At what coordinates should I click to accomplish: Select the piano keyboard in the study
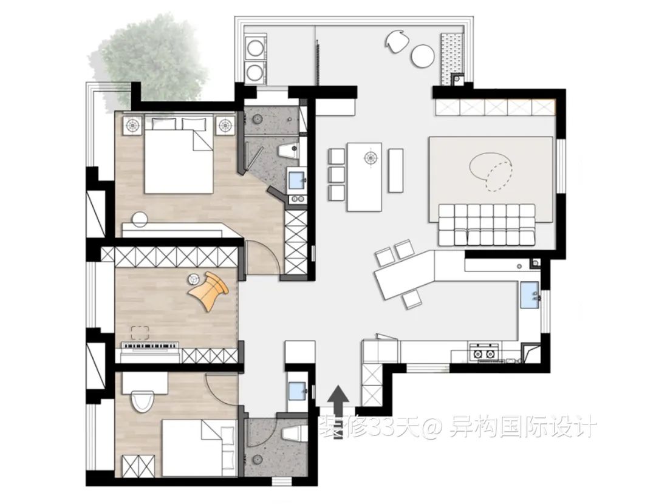pos(150,345)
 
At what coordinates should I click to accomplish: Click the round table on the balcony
pos(423,56)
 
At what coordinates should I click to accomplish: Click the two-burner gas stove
pos(483,352)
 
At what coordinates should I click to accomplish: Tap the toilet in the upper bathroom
pos(289,150)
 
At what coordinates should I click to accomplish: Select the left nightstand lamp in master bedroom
pos(132,125)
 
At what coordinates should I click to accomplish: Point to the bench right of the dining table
pos(395,170)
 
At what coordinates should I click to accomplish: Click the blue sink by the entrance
pos(297,391)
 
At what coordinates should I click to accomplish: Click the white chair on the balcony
pos(396,42)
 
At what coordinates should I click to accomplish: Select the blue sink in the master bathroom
pos(298,181)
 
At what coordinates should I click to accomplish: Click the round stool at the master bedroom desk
pos(138,219)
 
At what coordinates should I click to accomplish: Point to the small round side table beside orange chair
pos(193,278)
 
